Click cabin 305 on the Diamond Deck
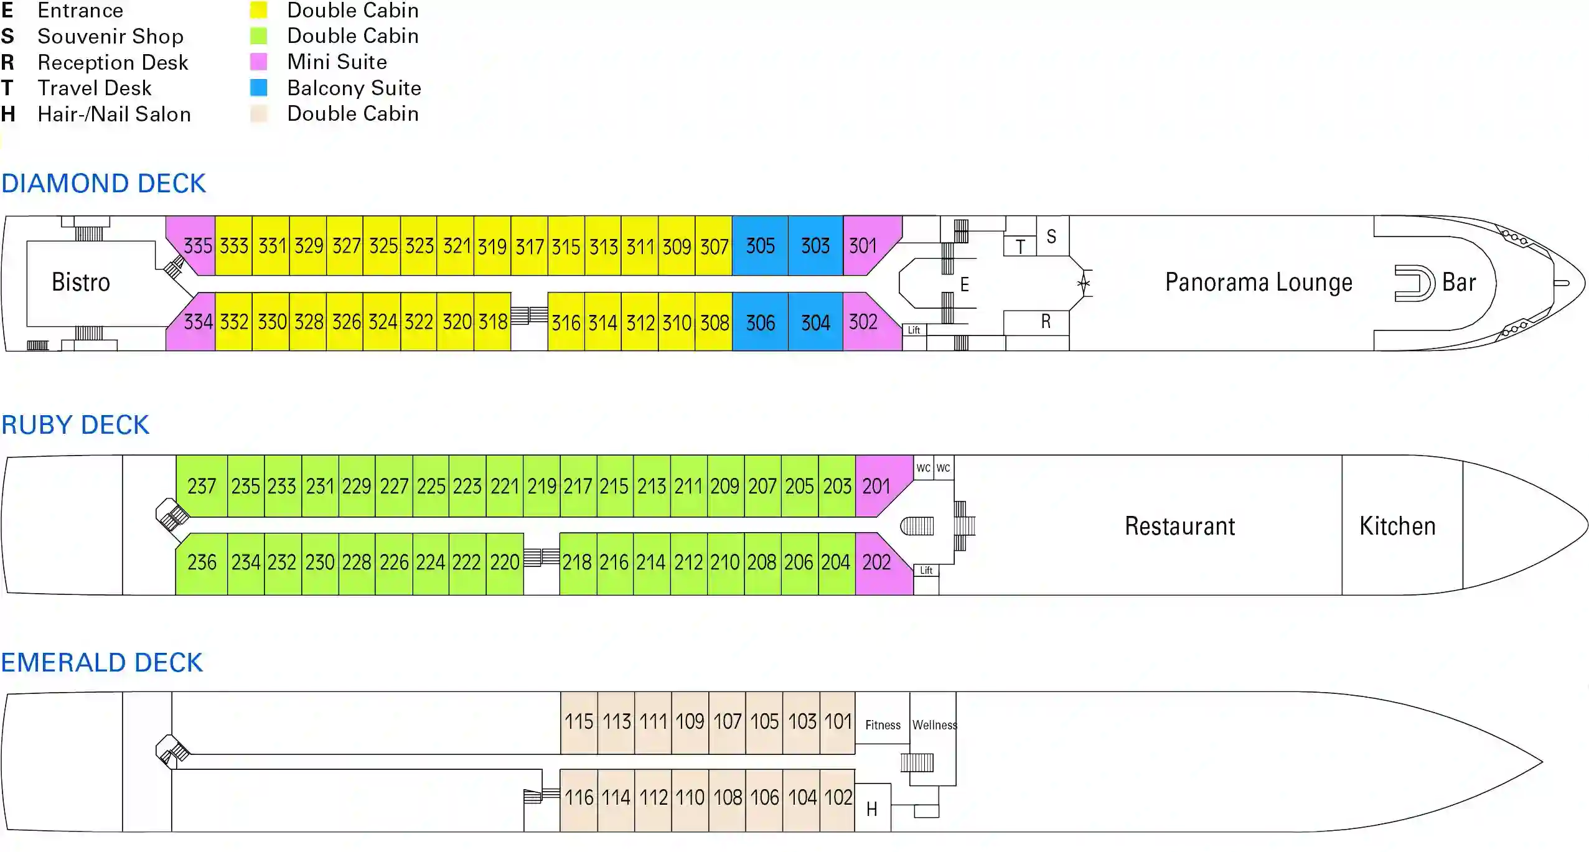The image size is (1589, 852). (x=760, y=246)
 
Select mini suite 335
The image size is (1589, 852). (x=197, y=246)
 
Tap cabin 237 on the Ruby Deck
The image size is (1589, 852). (x=202, y=486)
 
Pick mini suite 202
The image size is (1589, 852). (x=876, y=563)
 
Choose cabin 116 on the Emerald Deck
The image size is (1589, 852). (x=579, y=798)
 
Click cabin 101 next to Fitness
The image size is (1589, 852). (x=838, y=722)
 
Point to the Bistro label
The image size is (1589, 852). (x=81, y=283)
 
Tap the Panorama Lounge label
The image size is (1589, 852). (x=1259, y=283)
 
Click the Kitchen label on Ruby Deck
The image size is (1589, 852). (x=1397, y=527)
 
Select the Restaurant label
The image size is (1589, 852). (x=1179, y=527)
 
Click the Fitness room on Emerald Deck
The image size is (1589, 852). (x=883, y=725)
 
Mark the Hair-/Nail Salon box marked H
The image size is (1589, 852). (x=872, y=809)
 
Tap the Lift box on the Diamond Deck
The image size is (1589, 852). (x=914, y=330)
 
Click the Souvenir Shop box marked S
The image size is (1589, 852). (x=1052, y=236)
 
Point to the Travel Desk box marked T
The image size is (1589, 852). (x=1020, y=247)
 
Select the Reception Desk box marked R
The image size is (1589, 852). (x=1046, y=322)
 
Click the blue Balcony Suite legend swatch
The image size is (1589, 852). (x=258, y=88)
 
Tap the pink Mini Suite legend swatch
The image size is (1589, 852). (x=258, y=62)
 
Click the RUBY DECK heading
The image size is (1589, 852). (x=75, y=425)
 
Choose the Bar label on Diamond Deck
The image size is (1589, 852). (x=1458, y=283)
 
